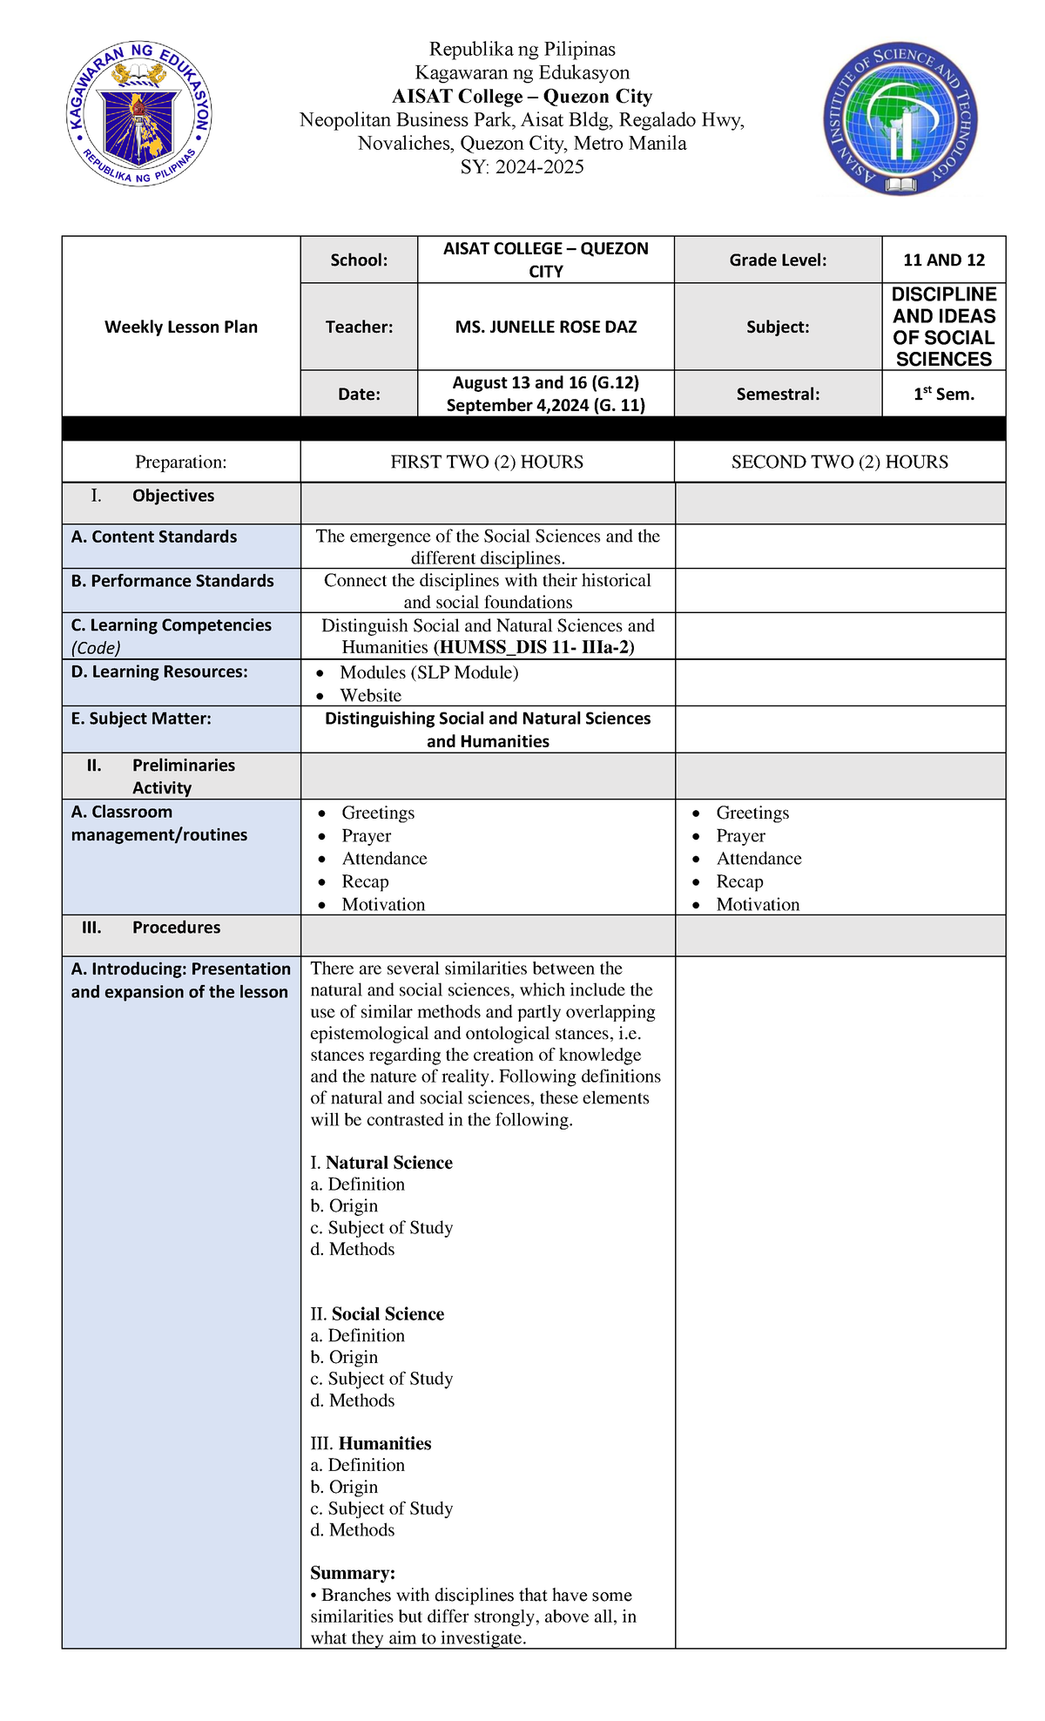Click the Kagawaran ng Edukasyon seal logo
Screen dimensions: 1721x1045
[139, 114]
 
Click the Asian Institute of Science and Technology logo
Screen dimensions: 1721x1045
[900, 120]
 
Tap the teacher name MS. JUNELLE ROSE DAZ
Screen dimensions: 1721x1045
[546, 327]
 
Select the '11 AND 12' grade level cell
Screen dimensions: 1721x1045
[944, 260]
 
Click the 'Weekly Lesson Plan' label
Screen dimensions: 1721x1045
[181, 327]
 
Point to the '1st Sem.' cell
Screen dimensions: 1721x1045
[944, 394]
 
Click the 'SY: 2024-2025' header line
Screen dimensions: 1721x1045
[522, 167]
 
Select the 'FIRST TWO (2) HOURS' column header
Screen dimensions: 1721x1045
[487, 462]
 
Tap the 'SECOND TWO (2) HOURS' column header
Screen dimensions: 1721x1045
[839, 462]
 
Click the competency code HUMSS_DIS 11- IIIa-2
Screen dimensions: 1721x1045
[533, 647]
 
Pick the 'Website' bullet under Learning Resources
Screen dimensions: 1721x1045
[371, 695]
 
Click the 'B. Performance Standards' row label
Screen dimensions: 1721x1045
[172, 581]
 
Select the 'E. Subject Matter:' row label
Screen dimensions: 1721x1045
[141, 719]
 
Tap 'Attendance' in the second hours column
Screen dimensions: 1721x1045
[758, 859]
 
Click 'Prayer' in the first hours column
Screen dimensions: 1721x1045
[367, 836]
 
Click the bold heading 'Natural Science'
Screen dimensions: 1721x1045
[389, 1163]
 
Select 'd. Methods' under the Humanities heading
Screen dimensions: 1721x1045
[353, 1530]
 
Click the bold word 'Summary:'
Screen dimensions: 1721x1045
[353, 1573]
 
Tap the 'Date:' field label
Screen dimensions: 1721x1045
[359, 395]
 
